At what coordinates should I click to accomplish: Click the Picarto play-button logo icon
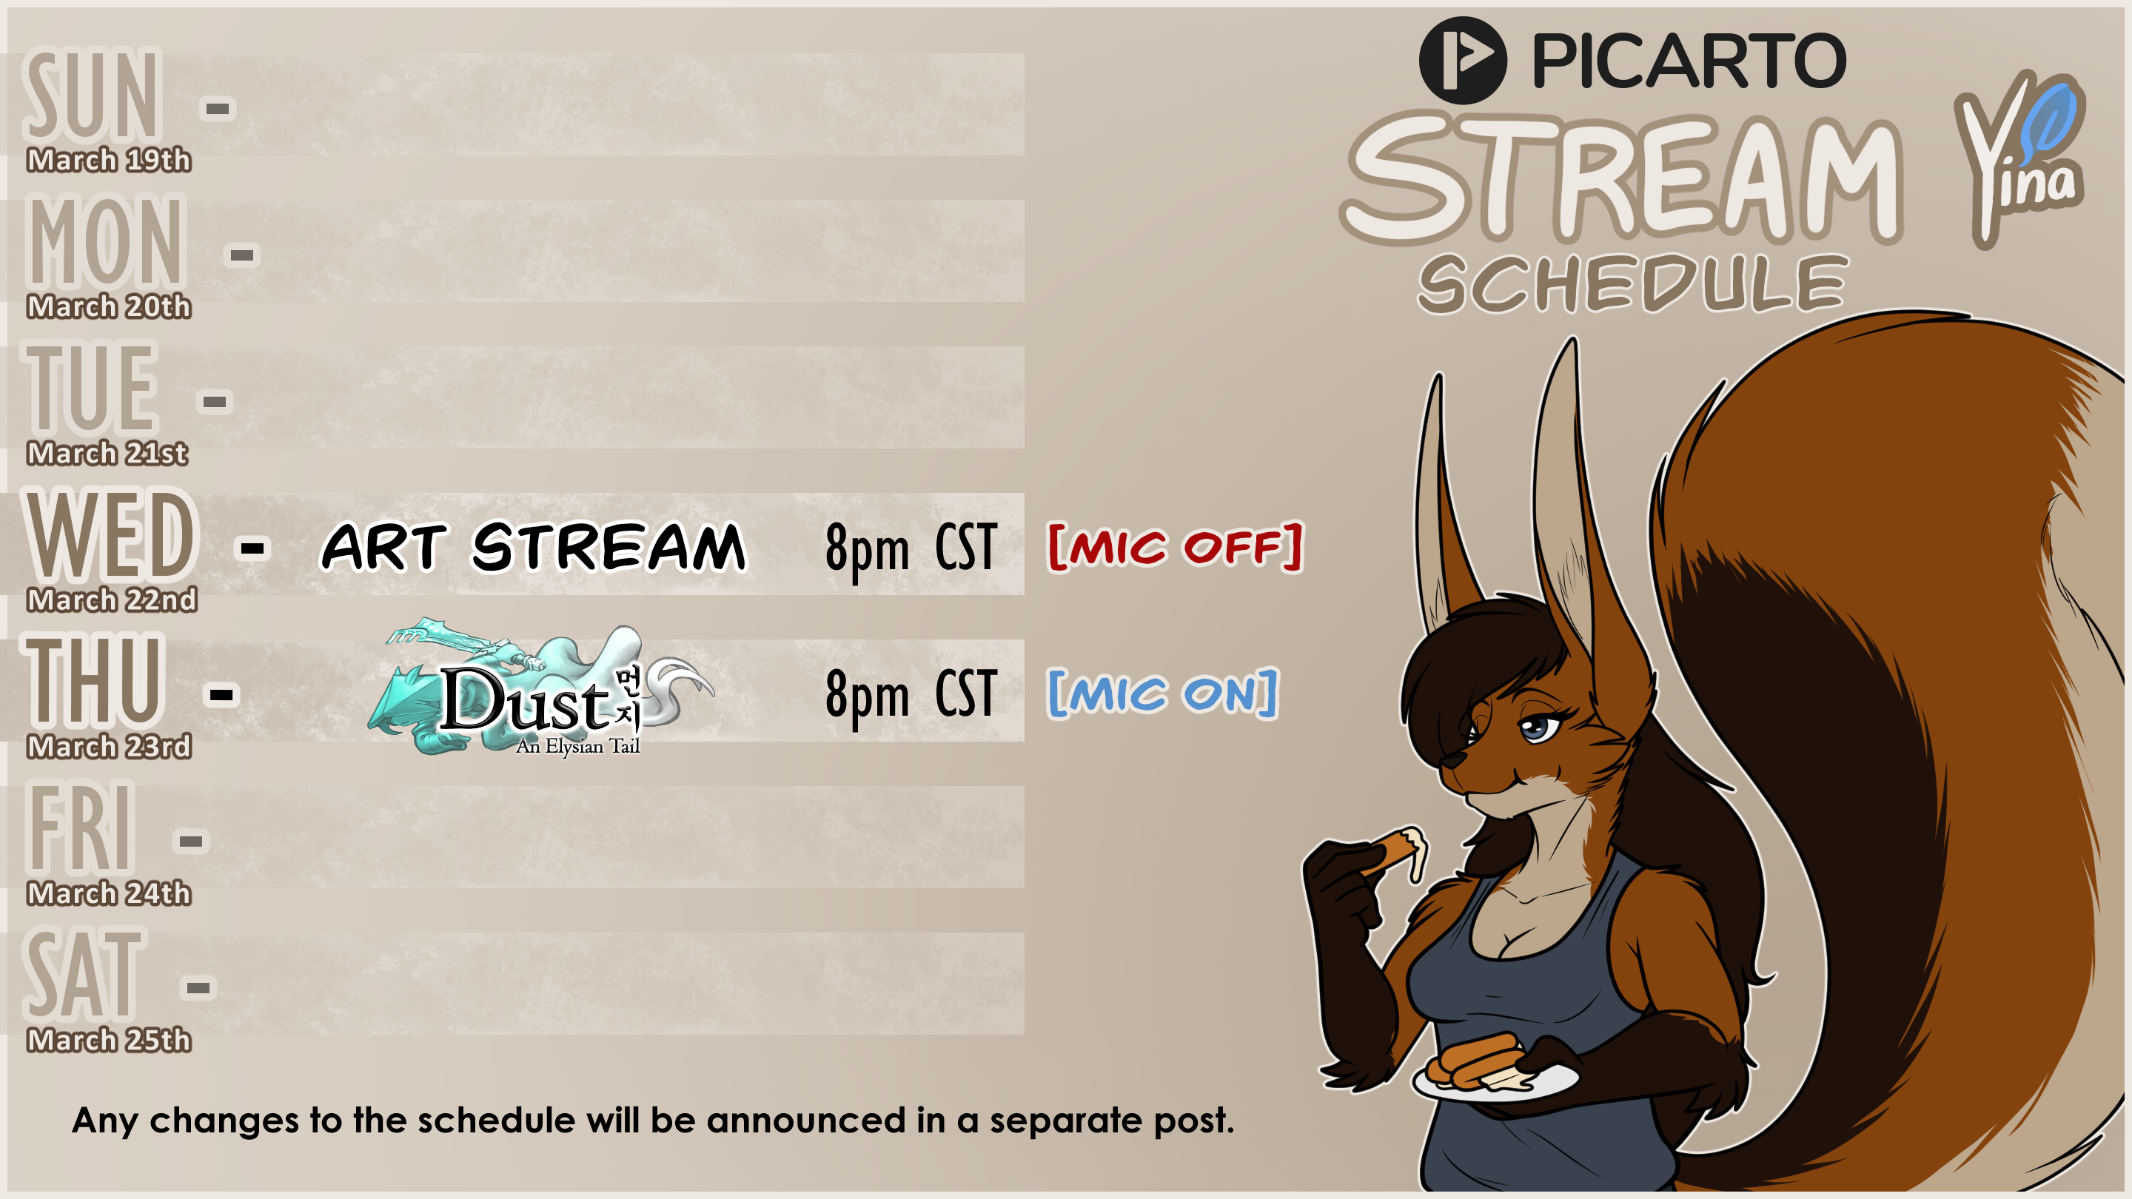pos(1463,61)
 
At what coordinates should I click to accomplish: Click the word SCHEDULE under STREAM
pos(1633,283)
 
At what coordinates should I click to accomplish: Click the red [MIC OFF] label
pos(1176,546)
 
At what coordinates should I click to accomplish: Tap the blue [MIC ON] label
pos(1163,693)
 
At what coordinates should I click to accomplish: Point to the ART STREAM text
pos(534,546)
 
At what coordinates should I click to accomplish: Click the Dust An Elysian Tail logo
pos(540,688)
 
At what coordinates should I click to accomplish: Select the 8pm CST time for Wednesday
pos(911,548)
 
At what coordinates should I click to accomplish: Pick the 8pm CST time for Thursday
pos(911,695)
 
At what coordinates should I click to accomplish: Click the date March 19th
pos(108,160)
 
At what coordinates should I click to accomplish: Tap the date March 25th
pos(108,1040)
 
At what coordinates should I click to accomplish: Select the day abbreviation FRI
pos(80,827)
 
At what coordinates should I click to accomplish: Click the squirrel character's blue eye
pos(1538,728)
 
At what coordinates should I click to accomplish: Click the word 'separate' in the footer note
pos(1066,1121)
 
